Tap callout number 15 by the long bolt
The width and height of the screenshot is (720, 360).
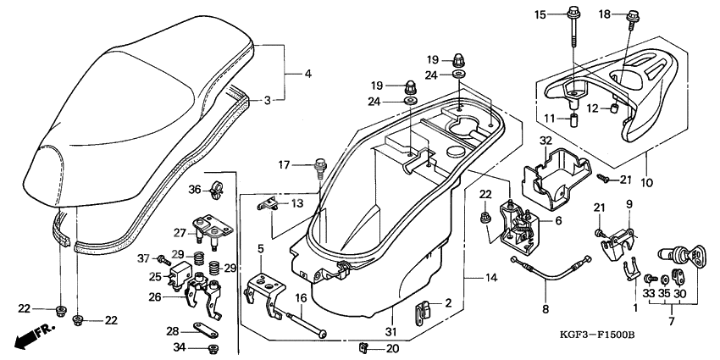tap(540, 14)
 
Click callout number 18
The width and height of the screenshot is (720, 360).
tap(308, 75)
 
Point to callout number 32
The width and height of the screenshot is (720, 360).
tap(546, 141)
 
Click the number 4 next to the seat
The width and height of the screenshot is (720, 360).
tap(308, 75)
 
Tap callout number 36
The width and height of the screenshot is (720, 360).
tap(194, 188)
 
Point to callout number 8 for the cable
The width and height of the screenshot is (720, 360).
tap(546, 309)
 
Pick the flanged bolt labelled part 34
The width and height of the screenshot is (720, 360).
tap(213, 347)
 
